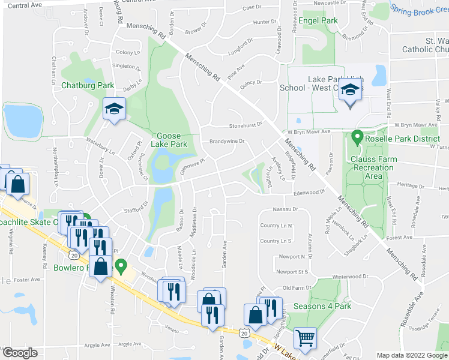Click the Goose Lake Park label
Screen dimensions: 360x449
172,140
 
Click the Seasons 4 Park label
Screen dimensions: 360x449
322,306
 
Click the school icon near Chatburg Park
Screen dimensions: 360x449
113,109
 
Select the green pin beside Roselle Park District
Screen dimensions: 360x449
357,138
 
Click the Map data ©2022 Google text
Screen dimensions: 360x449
411,355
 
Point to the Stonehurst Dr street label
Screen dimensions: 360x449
247,127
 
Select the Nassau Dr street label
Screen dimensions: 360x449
285,209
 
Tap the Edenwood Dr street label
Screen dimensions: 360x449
309,193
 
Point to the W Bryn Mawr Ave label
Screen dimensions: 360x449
309,131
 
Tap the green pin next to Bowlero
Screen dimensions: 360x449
121,265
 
